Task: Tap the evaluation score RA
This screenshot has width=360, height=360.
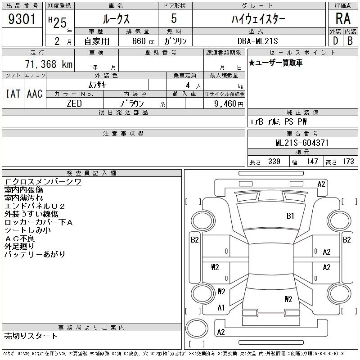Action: coord(342,19)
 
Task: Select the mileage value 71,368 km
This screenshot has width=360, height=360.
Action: coord(48,64)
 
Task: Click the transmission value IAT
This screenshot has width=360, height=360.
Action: coord(13,94)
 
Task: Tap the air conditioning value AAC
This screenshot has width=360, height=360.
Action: coord(35,94)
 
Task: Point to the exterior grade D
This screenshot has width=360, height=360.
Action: coord(335,40)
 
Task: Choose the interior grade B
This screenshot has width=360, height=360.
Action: coord(350,40)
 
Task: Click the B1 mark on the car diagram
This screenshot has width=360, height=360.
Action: coord(290,216)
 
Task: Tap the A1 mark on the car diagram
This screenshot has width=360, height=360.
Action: coord(221,308)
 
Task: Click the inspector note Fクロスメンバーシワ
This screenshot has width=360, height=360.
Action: coord(43,182)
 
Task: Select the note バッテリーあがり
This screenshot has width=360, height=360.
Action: coord(35,255)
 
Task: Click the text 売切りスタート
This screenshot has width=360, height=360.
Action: coord(31,336)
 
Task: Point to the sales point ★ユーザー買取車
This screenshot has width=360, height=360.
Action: coord(275,63)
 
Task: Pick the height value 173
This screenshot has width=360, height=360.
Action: coord(348,162)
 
